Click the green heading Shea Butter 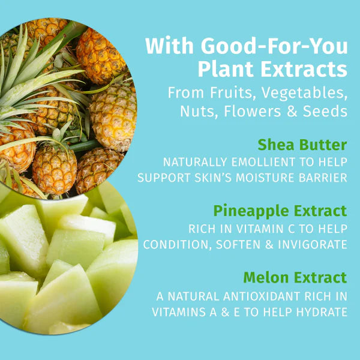pyautogui.click(x=302, y=145)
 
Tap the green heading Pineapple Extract pyautogui.click(x=280, y=211)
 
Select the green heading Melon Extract pyautogui.click(x=295, y=277)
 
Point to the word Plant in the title pyautogui.click(x=226, y=70)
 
